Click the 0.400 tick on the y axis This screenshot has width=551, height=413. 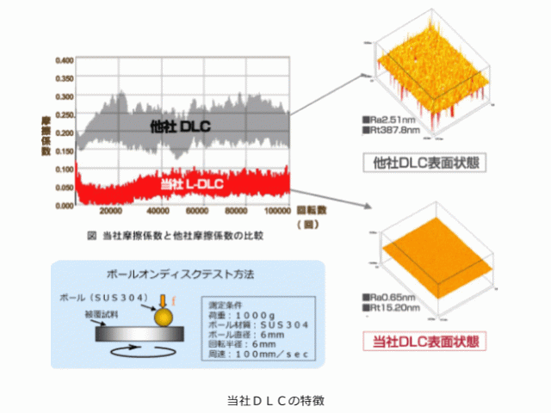(64, 61)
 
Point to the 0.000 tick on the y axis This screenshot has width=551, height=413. (64, 206)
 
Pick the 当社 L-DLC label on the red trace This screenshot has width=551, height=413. (195, 183)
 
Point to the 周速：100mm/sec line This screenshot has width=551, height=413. (258, 354)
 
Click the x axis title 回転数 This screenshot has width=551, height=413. (310, 209)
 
